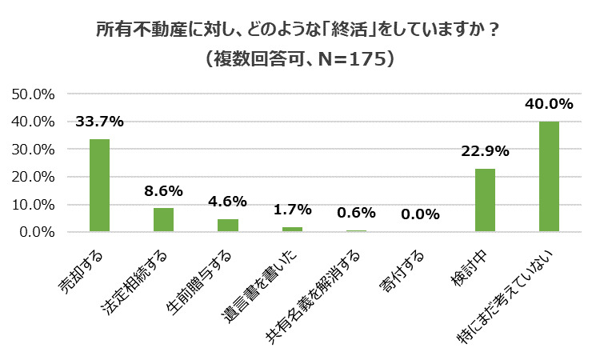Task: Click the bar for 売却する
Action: (x=99, y=186)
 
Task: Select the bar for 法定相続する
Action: (x=163, y=220)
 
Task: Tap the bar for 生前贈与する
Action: (x=228, y=226)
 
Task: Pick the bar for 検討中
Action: (x=485, y=200)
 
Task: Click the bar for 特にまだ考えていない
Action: (x=549, y=177)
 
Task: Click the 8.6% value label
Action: (x=163, y=191)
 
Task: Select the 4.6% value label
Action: (x=228, y=202)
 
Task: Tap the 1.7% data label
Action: (x=292, y=210)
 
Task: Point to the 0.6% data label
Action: (x=356, y=214)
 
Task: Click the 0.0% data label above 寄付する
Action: (x=421, y=214)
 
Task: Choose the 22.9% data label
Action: (x=485, y=151)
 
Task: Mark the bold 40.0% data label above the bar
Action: (x=549, y=104)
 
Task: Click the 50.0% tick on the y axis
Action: (x=33, y=94)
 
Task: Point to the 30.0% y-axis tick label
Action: (x=33, y=150)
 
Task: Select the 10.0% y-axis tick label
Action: (x=33, y=205)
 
